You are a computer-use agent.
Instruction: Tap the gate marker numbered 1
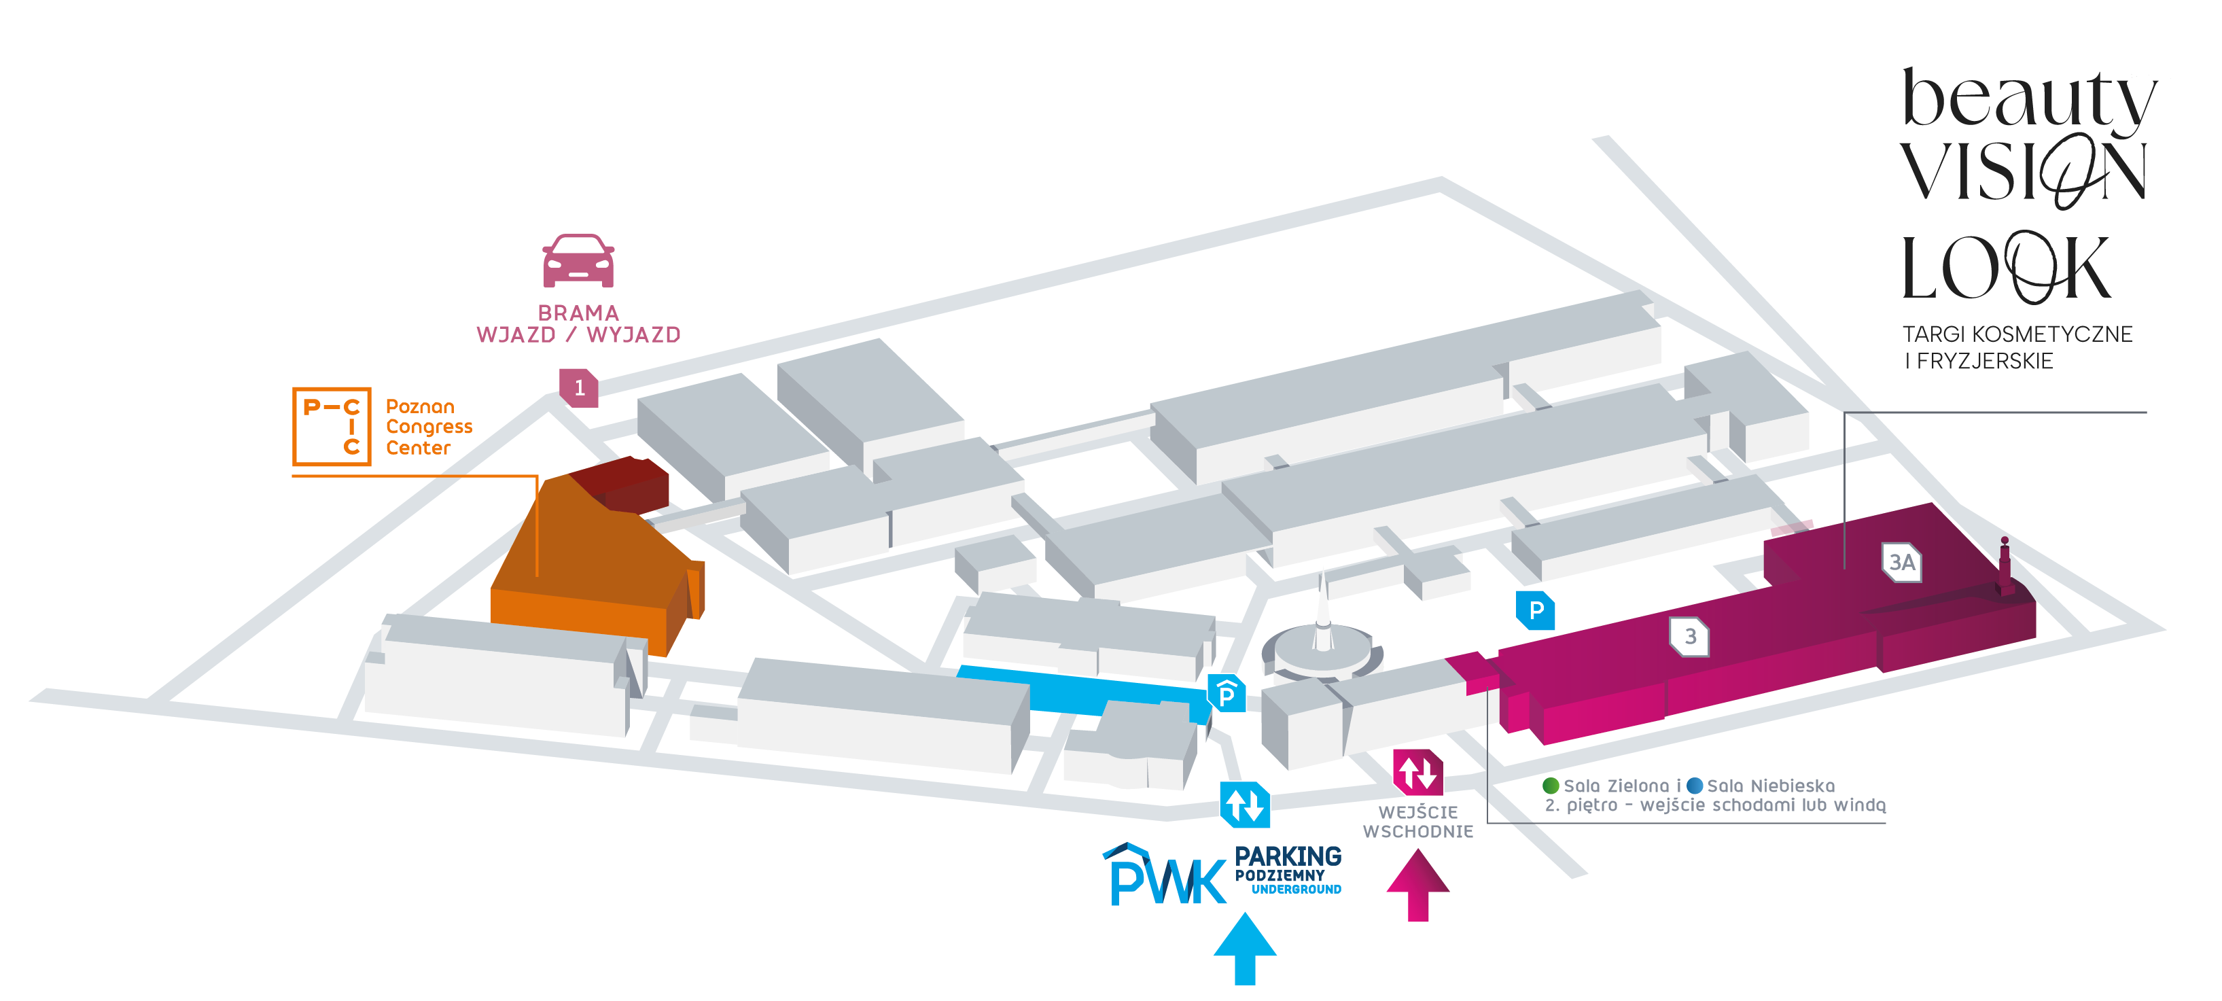point(579,387)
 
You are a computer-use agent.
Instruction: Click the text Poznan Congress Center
point(428,427)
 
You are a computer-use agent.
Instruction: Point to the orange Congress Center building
point(586,561)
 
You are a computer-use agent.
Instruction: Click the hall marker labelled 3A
point(1901,563)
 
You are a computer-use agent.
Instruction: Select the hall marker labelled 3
point(1690,637)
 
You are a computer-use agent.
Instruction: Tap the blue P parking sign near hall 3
point(1536,611)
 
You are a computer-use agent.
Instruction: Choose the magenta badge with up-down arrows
point(1418,772)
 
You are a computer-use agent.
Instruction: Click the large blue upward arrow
point(1245,949)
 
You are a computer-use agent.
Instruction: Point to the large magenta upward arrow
point(1418,885)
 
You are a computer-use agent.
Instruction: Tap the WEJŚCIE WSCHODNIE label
point(1418,822)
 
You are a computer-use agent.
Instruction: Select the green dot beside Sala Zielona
point(1550,786)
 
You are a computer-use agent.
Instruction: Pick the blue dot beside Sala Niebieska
point(1694,786)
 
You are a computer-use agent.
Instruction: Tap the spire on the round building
point(1322,608)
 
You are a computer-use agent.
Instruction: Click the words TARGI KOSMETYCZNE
point(2017,334)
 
